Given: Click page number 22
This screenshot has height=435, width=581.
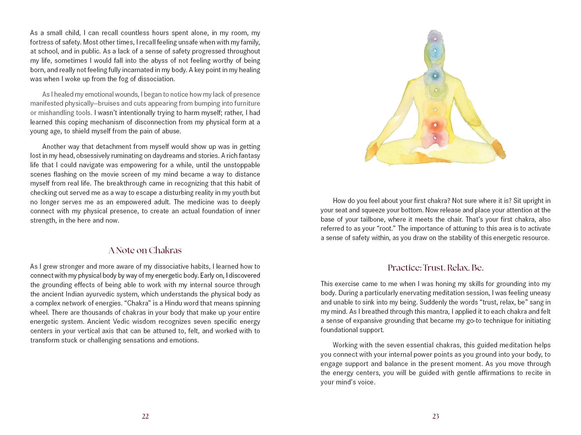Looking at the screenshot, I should tap(145, 416).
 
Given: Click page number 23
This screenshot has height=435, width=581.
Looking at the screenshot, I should tap(435, 416).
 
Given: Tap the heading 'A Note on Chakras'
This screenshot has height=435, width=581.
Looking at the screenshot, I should tap(145, 250).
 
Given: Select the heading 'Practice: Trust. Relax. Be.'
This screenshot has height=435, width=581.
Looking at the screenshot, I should tap(435, 268).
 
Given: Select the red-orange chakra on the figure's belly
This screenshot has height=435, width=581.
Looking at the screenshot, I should tap(435, 125).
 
